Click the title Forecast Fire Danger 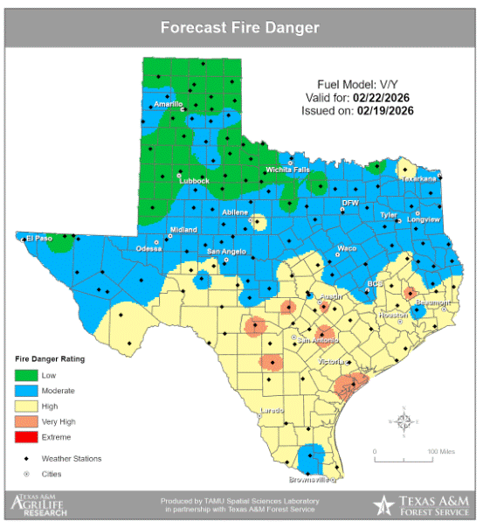point(240,27)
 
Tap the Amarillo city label point(168,104)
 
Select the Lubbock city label point(195,181)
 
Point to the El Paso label point(39,238)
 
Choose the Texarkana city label point(418,178)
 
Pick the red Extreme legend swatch point(26,436)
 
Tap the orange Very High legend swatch point(26,420)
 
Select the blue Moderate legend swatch point(26,390)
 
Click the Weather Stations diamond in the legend point(26,458)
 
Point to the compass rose point(404,421)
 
